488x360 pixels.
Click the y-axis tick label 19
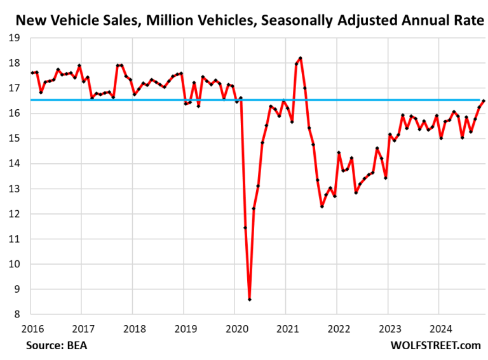pyautogui.click(x=15, y=38)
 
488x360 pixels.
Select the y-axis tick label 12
pyautogui.click(x=15, y=214)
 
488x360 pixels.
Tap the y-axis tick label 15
pyautogui.click(x=15, y=138)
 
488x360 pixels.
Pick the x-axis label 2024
pyautogui.click(x=438, y=328)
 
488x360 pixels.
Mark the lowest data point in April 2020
pyautogui.click(x=250, y=299)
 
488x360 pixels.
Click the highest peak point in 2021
pyautogui.click(x=300, y=58)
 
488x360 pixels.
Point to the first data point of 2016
pyautogui.click(x=32, y=73)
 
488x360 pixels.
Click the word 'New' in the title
pyautogui.click(x=29, y=20)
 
